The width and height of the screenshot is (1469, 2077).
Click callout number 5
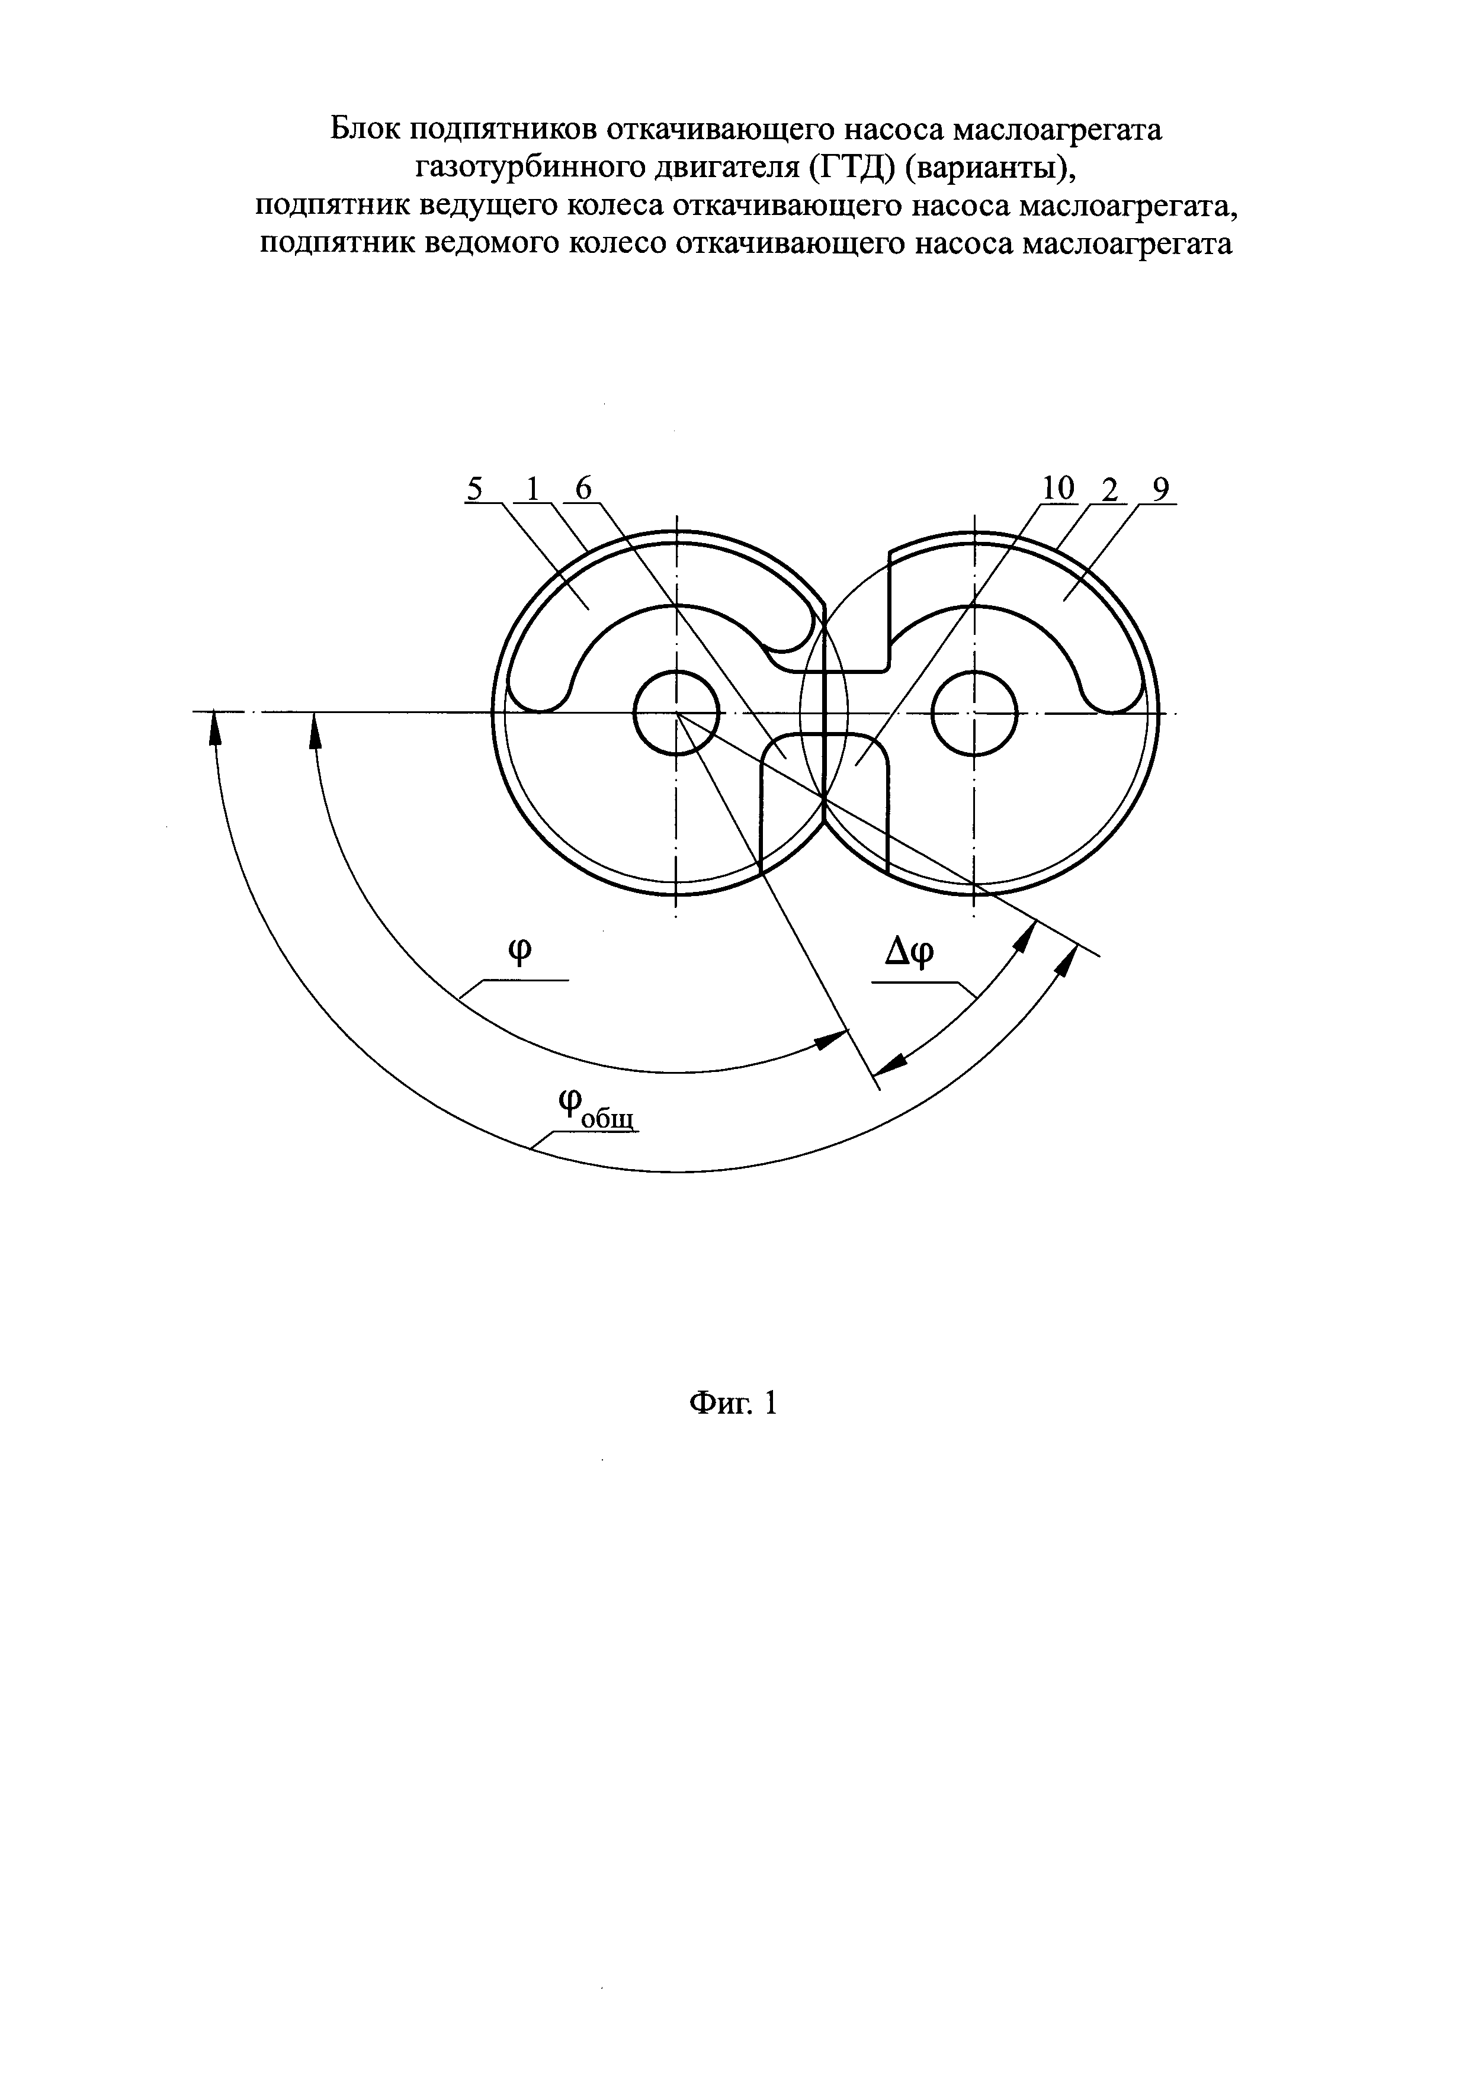(x=474, y=489)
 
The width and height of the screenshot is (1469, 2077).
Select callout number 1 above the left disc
(x=533, y=489)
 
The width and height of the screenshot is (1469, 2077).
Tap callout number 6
(x=583, y=489)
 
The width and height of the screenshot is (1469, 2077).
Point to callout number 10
(x=1057, y=489)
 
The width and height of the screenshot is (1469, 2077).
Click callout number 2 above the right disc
(x=1110, y=489)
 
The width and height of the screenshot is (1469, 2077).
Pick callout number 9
(x=1160, y=489)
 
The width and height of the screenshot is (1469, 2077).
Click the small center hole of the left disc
(x=676, y=713)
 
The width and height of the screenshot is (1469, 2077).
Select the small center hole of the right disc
(x=974, y=713)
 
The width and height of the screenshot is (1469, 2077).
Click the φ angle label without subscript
(x=520, y=952)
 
